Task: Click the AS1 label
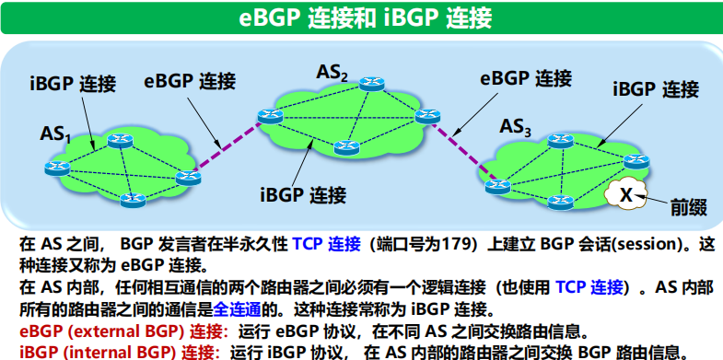(55, 134)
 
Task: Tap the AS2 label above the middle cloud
(332, 73)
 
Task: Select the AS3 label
(516, 127)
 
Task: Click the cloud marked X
(626, 194)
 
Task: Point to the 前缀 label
(689, 208)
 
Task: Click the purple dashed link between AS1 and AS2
(227, 145)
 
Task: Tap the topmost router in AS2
(372, 84)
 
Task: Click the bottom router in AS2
(346, 147)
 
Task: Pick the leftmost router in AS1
(57, 168)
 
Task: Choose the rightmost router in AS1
(189, 178)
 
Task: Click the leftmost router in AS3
(498, 186)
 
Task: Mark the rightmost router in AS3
(636, 161)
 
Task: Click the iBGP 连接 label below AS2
(303, 195)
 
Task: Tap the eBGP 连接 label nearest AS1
(190, 81)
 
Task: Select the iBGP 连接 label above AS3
(656, 89)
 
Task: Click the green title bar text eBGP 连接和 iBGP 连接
(366, 19)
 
